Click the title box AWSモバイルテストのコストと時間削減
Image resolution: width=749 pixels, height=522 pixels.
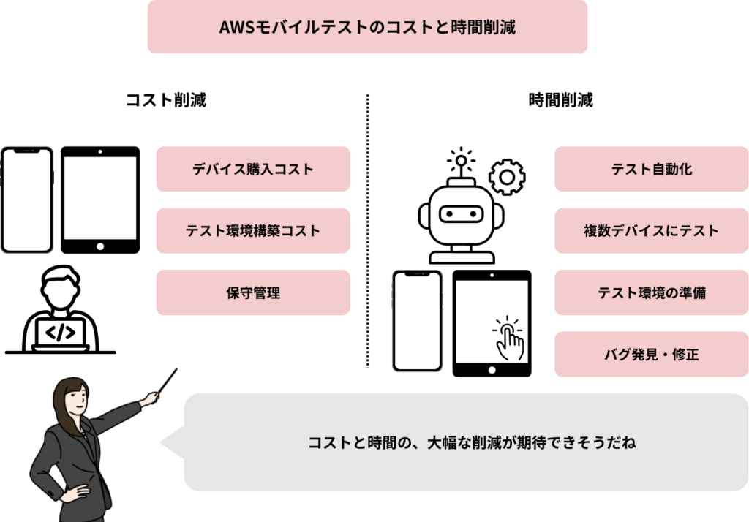[x=367, y=27]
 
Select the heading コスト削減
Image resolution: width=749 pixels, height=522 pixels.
[x=166, y=100]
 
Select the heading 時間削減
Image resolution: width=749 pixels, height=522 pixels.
[x=560, y=100]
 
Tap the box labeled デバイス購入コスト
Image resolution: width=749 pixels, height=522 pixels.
[x=253, y=169]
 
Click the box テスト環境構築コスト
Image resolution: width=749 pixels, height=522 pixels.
[x=253, y=230]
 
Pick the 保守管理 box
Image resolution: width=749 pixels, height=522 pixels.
[x=253, y=292]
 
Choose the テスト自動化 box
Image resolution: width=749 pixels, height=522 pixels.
[x=651, y=169]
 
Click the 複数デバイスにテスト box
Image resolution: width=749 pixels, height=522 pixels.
[x=651, y=230]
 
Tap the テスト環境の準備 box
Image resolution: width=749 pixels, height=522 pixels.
[x=651, y=292]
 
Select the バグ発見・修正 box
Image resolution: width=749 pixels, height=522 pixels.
[x=651, y=355]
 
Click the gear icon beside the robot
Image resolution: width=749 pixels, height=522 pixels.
[x=506, y=178]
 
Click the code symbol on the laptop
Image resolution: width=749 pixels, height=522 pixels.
[x=60, y=333]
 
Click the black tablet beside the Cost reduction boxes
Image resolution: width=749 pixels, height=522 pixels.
[x=100, y=200]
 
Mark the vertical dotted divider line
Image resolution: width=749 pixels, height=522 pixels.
[x=367, y=230]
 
